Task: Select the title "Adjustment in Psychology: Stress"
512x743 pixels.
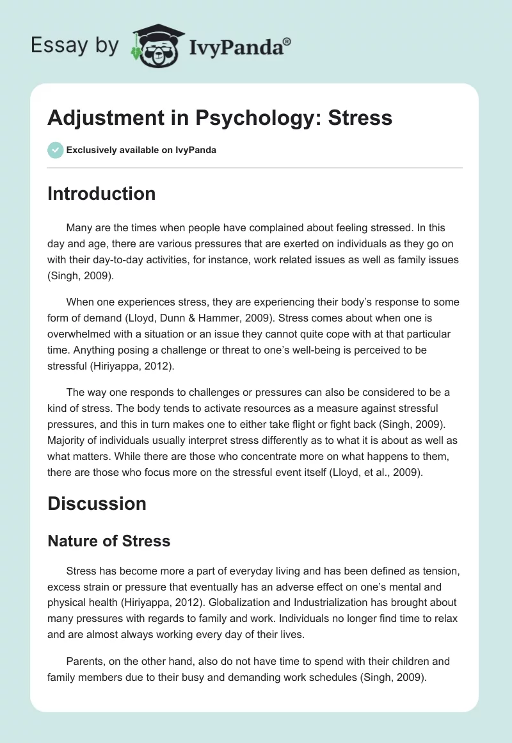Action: [x=220, y=117]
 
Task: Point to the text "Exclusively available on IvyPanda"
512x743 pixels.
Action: [x=141, y=151]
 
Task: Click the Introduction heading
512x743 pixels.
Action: [x=101, y=193]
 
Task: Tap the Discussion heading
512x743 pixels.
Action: [x=97, y=503]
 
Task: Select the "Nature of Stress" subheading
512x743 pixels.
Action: [x=109, y=541]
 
